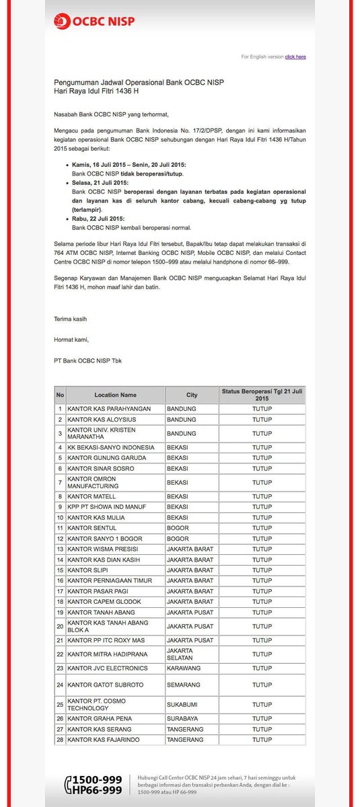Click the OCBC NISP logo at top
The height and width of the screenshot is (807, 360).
[95, 21]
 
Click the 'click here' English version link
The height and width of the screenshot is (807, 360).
[295, 57]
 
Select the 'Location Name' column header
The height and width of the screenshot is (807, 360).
[115, 395]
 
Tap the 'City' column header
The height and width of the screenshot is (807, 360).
[192, 395]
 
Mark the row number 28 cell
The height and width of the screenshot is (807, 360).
[60, 740]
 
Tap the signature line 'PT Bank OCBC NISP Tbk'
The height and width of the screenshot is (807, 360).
[88, 361]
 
